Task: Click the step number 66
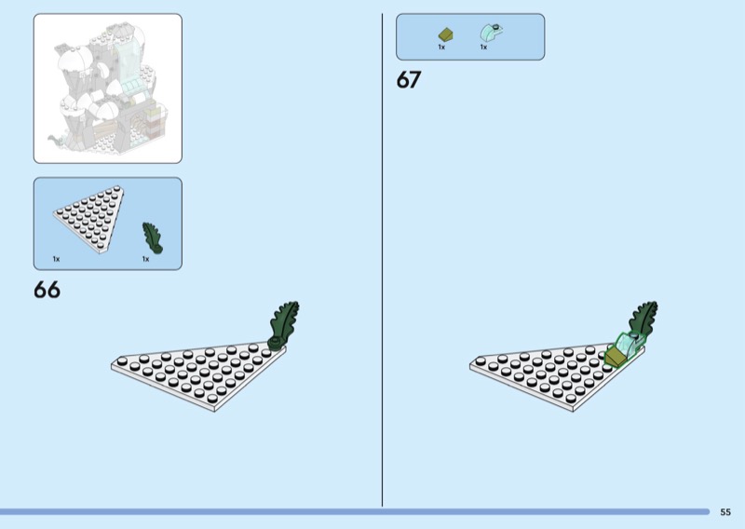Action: tap(47, 290)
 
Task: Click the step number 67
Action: tap(409, 79)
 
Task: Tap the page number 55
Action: tap(725, 512)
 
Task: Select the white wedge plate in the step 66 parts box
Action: tap(90, 218)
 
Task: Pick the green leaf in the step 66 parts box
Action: tap(152, 237)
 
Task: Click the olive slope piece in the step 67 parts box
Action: tap(446, 34)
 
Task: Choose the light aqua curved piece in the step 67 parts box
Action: tap(492, 33)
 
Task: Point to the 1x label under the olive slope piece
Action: tap(441, 47)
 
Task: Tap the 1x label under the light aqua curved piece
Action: tap(483, 47)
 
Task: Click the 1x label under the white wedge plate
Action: tap(56, 259)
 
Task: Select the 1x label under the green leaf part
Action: tap(145, 259)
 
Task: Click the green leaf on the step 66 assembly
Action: tap(283, 324)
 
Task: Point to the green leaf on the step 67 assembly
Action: tap(643, 317)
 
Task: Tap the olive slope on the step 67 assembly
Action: tap(616, 357)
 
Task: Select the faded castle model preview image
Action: tap(108, 88)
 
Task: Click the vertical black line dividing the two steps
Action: tap(383, 260)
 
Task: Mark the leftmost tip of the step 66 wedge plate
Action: tap(112, 365)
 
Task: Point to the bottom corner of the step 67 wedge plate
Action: tap(573, 411)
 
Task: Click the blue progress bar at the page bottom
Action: tap(355, 512)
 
